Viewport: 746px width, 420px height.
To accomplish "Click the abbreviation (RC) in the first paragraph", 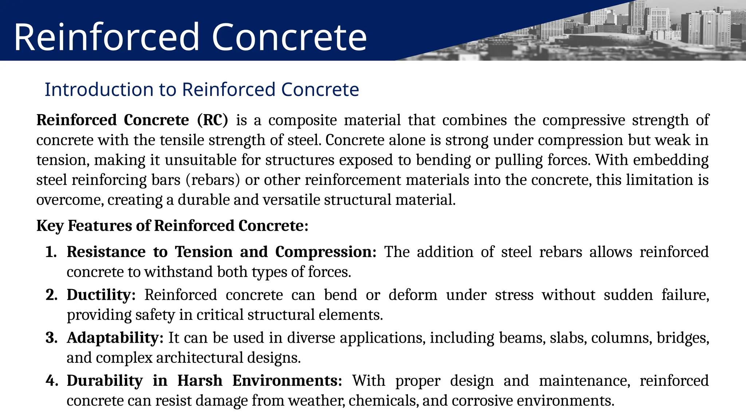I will click(212, 120).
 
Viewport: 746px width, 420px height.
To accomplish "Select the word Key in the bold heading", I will click(50, 226).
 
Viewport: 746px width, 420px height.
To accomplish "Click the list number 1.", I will click(51, 252).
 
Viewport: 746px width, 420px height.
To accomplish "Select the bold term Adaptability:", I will click(115, 338).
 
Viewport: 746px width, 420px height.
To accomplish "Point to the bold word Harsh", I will click(200, 381).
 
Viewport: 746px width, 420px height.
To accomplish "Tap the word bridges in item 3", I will click(683, 338).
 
